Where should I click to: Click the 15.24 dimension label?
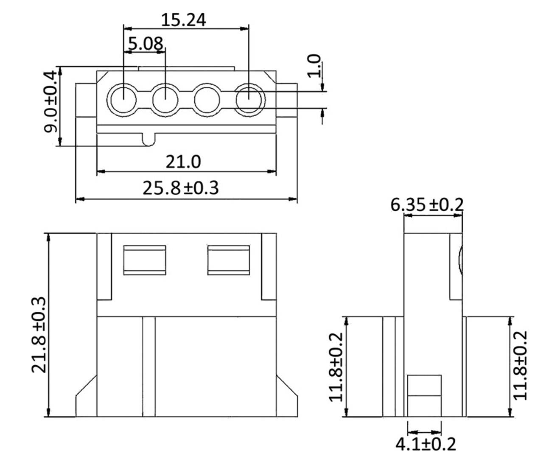(184, 20)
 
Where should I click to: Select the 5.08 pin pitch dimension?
(145, 43)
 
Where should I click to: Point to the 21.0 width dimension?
(183, 162)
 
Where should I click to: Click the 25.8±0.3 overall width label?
(180, 187)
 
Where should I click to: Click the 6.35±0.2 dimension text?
(427, 204)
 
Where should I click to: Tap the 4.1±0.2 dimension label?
(425, 444)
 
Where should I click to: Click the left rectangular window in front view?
(144, 260)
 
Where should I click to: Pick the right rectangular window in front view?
(228, 260)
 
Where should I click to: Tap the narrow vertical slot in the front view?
(148, 367)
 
